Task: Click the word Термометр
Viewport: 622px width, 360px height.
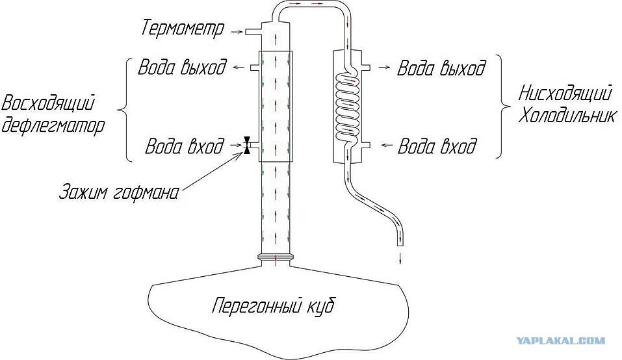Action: click(183, 28)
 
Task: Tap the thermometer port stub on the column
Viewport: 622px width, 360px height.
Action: click(252, 31)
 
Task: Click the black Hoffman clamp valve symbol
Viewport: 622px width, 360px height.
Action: click(247, 145)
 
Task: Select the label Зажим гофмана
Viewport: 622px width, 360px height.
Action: click(119, 192)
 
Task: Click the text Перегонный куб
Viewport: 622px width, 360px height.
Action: click(273, 305)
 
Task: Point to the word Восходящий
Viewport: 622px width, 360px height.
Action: click(48, 103)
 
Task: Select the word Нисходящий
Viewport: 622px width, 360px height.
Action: click(565, 94)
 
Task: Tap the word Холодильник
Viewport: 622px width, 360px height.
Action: click(567, 116)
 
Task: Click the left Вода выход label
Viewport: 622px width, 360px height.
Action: click(182, 67)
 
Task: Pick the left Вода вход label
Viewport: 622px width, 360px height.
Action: click(185, 146)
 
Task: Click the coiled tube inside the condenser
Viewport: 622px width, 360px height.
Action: click(348, 107)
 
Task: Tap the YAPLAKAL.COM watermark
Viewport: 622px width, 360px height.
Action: click(561, 340)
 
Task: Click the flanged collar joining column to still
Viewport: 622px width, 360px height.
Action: click(276, 257)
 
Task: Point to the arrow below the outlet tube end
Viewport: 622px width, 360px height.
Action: click(400, 258)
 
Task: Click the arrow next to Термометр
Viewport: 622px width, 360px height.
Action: click(237, 31)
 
